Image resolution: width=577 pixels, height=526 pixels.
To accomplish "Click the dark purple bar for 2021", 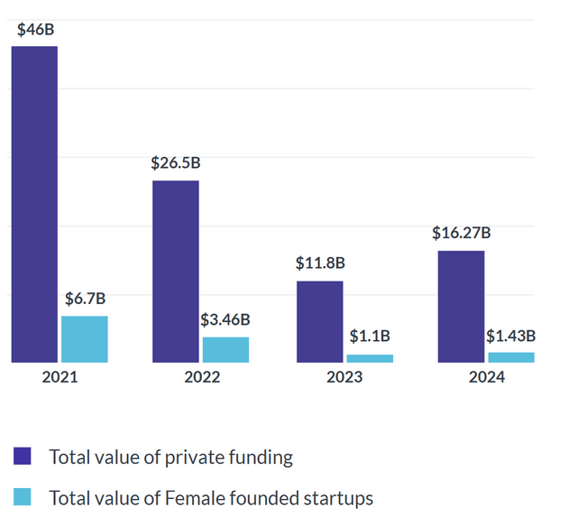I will tap(34, 204).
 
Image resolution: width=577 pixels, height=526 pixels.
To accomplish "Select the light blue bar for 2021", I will tap(85, 339).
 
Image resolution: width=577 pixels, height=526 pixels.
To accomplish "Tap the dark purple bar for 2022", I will tap(176, 272).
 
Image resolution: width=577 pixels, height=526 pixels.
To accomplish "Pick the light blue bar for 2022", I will tap(225, 350).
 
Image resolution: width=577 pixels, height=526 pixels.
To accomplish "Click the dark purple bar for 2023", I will tap(320, 322).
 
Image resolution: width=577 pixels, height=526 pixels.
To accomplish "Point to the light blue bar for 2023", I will tap(370, 358).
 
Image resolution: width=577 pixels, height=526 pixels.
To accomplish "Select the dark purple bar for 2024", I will tap(461, 307).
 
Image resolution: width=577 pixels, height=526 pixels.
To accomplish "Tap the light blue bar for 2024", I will tap(511, 357).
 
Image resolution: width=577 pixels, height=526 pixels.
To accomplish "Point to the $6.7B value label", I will tap(86, 299).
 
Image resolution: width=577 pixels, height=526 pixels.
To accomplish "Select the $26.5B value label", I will tap(176, 164).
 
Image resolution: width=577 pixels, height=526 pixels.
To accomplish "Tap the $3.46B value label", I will tap(225, 319).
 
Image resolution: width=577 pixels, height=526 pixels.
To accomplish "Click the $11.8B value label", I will tap(321, 263).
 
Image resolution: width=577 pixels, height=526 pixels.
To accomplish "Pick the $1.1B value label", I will tap(370, 337).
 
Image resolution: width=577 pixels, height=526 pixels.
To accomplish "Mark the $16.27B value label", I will tap(461, 233).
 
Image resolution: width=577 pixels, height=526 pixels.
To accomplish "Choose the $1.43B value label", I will tap(511, 336).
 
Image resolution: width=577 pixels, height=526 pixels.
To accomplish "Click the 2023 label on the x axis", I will tap(344, 377).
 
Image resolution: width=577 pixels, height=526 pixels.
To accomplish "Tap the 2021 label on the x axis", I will tap(60, 377).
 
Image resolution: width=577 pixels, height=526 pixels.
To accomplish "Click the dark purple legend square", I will tap(23, 457).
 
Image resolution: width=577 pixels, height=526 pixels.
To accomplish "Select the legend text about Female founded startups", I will tap(211, 497).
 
